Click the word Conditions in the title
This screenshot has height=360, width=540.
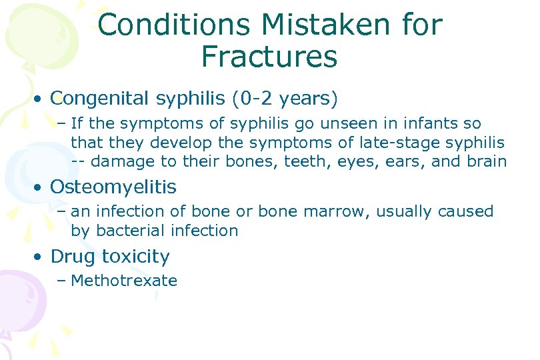pos(174,25)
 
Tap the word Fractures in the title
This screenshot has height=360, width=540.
pos(269,57)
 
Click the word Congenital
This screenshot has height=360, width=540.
pos(103,99)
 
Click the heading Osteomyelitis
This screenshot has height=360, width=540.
pos(113,187)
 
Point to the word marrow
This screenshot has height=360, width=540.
pos(337,212)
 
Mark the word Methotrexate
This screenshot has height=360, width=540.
pos(124,281)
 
